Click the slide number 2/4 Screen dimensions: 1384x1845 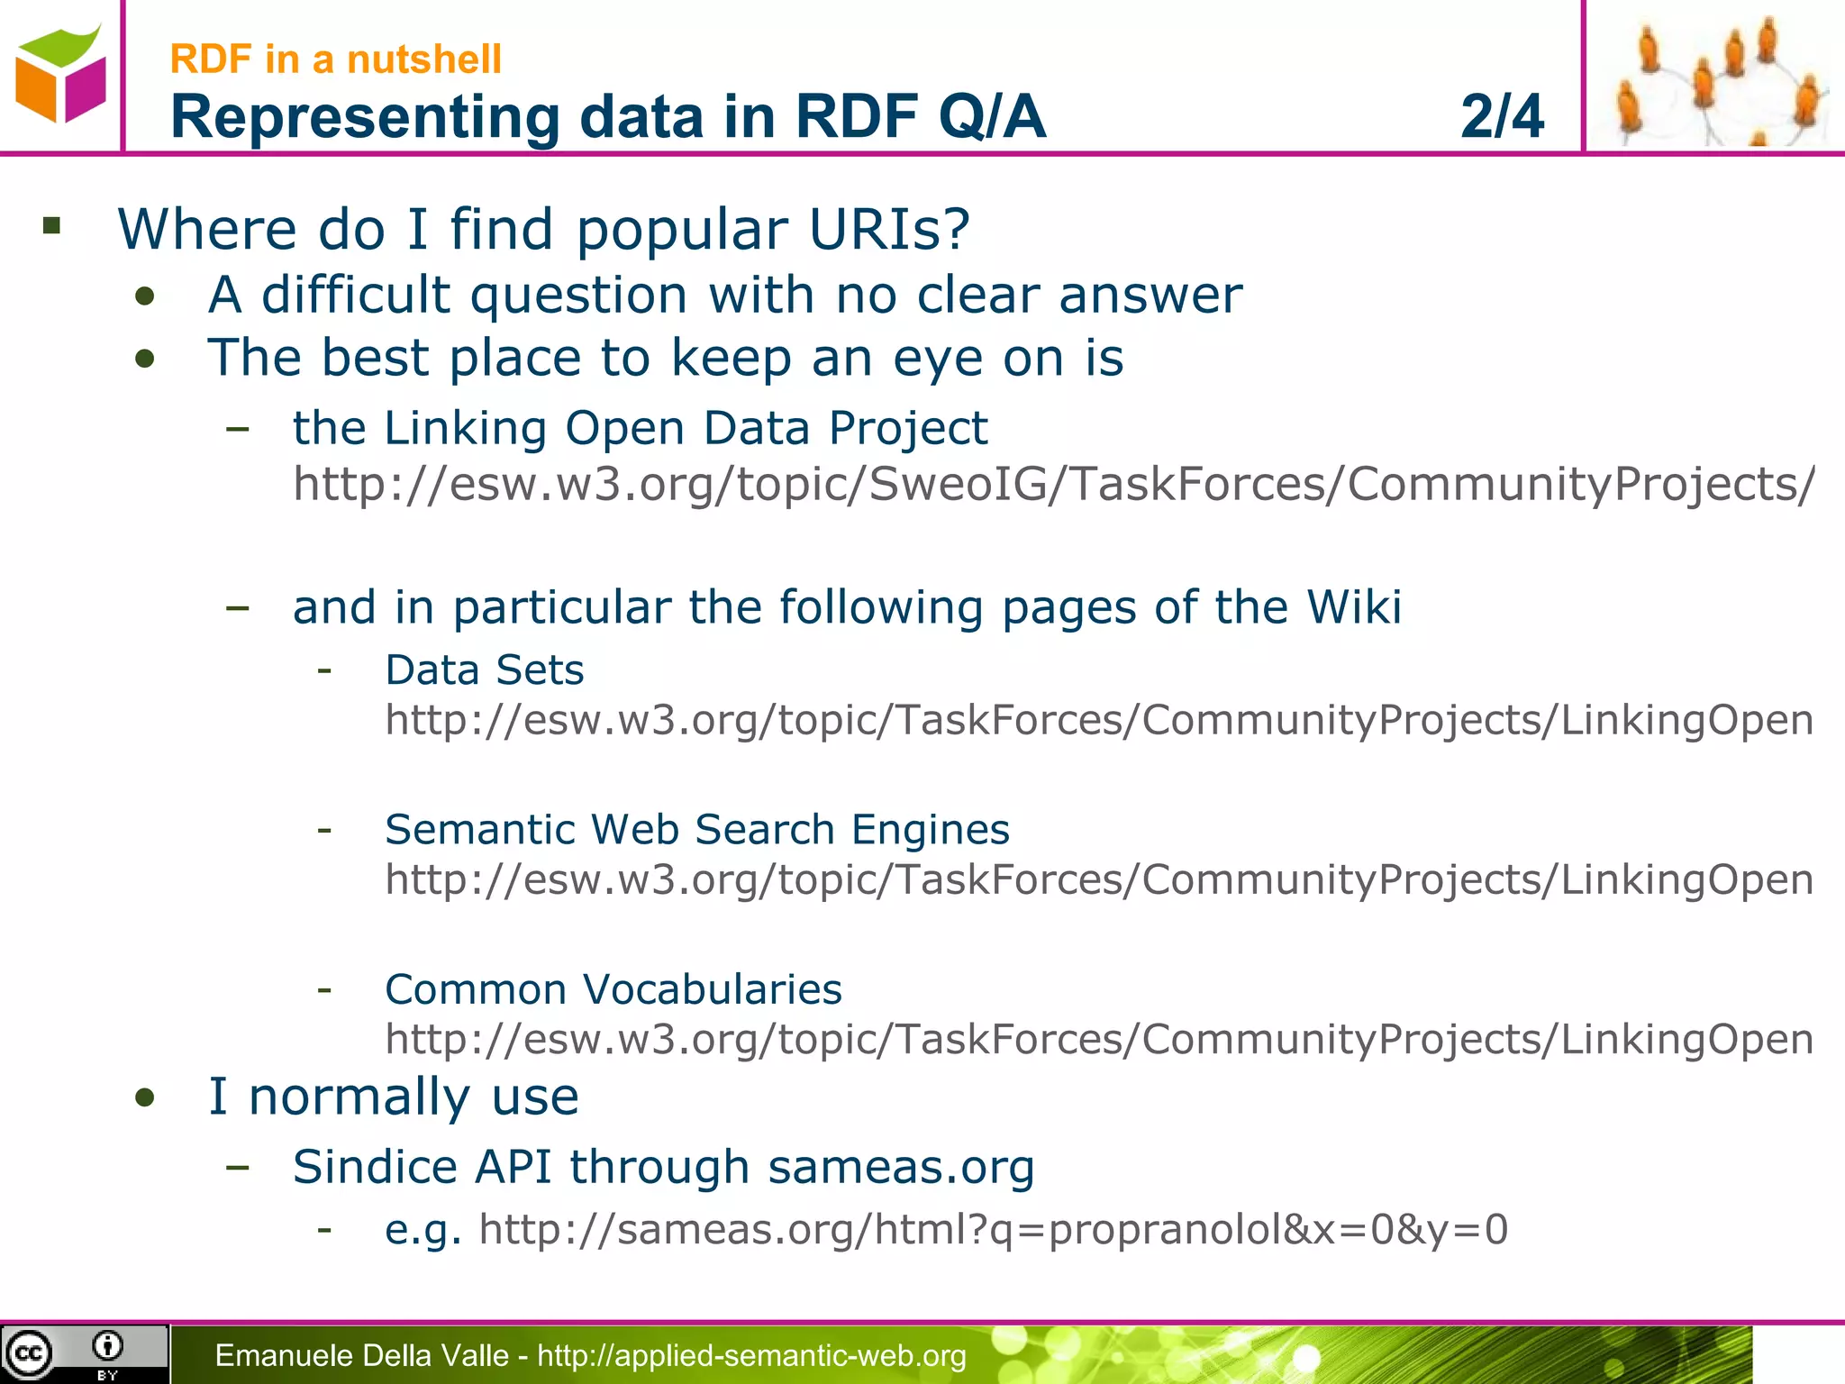(1501, 116)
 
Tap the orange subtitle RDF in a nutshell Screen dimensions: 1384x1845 (335, 59)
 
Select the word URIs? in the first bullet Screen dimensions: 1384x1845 (889, 229)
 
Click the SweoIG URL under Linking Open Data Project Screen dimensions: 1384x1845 (1054, 484)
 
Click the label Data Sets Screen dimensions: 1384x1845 (485, 670)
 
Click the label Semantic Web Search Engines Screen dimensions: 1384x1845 (697, 830)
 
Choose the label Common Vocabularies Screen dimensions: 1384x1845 (613, 989)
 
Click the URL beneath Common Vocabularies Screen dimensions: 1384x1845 (1099, 1040)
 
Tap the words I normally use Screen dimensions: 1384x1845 (394, 1097)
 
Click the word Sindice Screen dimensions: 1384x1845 (375, 1167)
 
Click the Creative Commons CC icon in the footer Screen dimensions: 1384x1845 (30, 1353)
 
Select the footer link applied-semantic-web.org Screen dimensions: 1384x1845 (751, 1355)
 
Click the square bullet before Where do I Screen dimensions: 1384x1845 (51, 225)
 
